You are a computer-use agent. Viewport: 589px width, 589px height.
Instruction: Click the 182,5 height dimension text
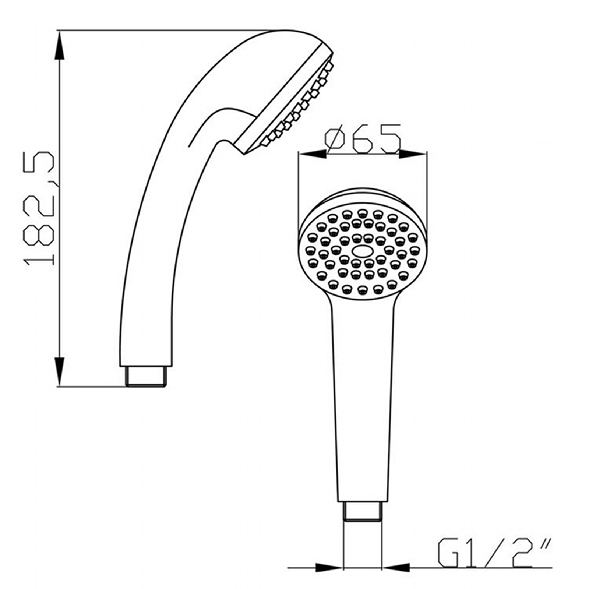pyautogui.click(x=39, y=208)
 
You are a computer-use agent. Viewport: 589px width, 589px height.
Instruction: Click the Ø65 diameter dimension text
pyautogui.click(x=363, y=139)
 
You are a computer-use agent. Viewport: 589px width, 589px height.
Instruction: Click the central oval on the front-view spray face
pyautogui.click(x=363, y=251)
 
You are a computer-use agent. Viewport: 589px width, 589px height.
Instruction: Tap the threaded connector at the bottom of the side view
pyautogui.click(x=146, y=376)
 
